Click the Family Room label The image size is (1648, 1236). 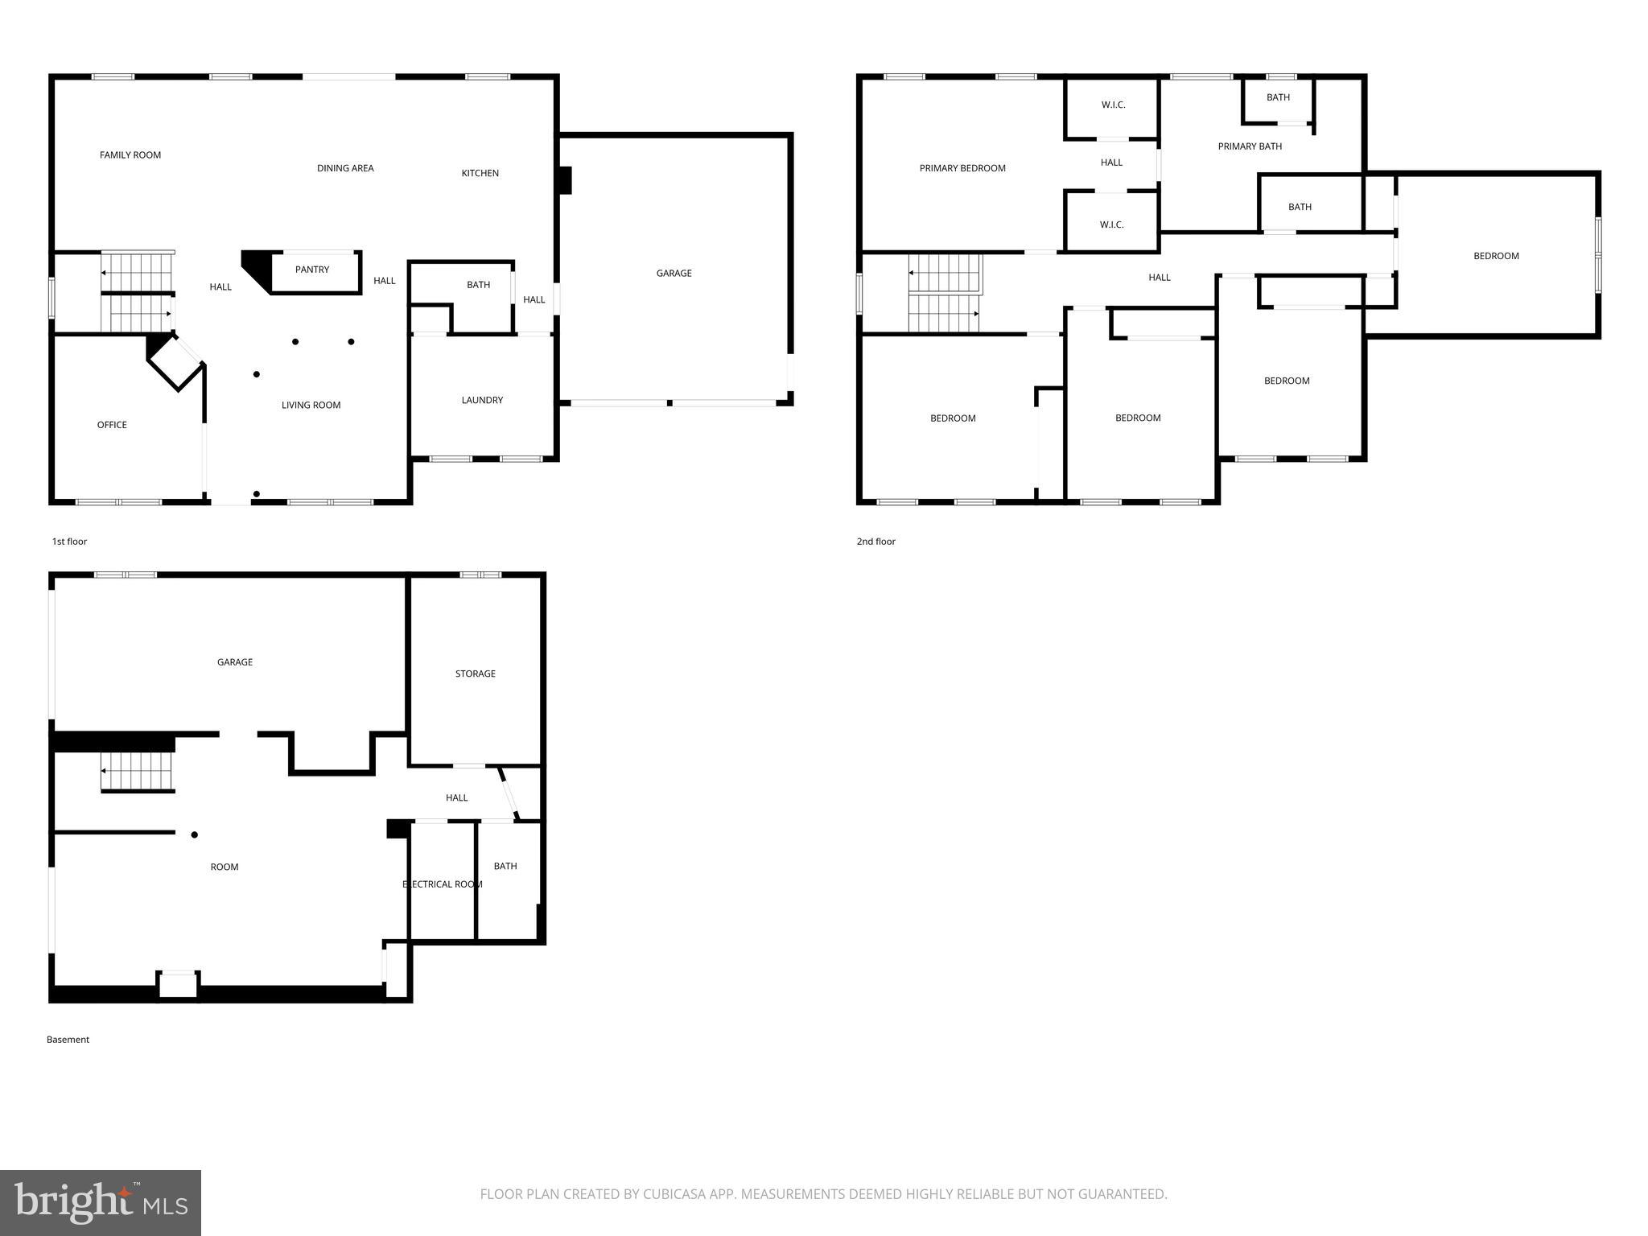pos(130,155)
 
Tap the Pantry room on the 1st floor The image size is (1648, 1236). pos(312,270)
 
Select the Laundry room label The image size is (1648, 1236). pos(482,400)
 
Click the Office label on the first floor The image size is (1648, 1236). pos(112,425)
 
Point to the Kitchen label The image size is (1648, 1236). pos(480,173)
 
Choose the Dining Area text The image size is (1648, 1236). pos(345,168)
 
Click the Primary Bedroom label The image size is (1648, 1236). pos(962,168)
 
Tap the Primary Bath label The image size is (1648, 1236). pos(1250,146)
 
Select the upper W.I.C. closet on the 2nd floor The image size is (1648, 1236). pos(1113,105)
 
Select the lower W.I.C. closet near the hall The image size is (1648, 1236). pos(1111,225)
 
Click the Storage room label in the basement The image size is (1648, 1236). pos(475,674)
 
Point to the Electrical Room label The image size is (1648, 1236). pos(443,884)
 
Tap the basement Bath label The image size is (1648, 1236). pos(505,866)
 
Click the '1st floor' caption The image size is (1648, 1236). pos(69,542)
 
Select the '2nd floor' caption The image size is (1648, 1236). pos(875,542)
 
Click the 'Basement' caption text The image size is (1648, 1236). pos(68,1040)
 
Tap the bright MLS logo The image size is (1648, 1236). pos(101,1202)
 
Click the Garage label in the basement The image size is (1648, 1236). pos(235,662)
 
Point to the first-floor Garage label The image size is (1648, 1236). pos(674,274)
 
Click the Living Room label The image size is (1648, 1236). pos(311,406)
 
